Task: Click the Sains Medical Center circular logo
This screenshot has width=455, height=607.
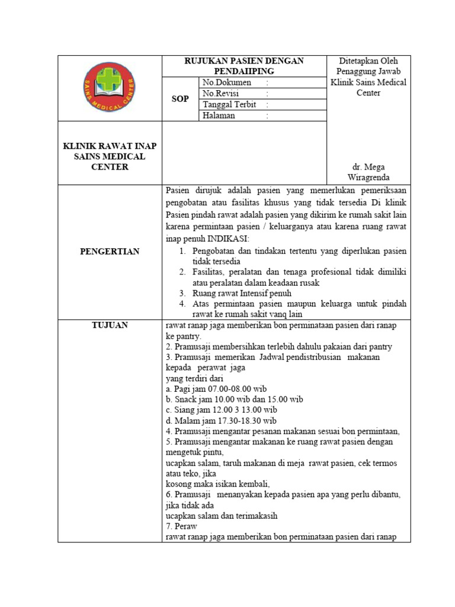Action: point(110,88)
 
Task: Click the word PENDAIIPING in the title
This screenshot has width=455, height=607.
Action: point(244,71)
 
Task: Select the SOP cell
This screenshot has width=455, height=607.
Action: point(180,98)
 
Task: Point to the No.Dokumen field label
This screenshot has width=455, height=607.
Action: point(226,82)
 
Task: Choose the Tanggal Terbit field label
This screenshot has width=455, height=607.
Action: point(228,104)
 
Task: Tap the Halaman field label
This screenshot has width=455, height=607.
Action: point(219,116)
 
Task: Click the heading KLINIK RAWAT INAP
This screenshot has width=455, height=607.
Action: point(110,146)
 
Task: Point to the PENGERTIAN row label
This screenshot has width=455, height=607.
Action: point(110,251)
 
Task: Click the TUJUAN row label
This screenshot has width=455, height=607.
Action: point(110,325)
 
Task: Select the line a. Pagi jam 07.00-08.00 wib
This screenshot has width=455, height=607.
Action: point(216,389)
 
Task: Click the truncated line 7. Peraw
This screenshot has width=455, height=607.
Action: point(181,526)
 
